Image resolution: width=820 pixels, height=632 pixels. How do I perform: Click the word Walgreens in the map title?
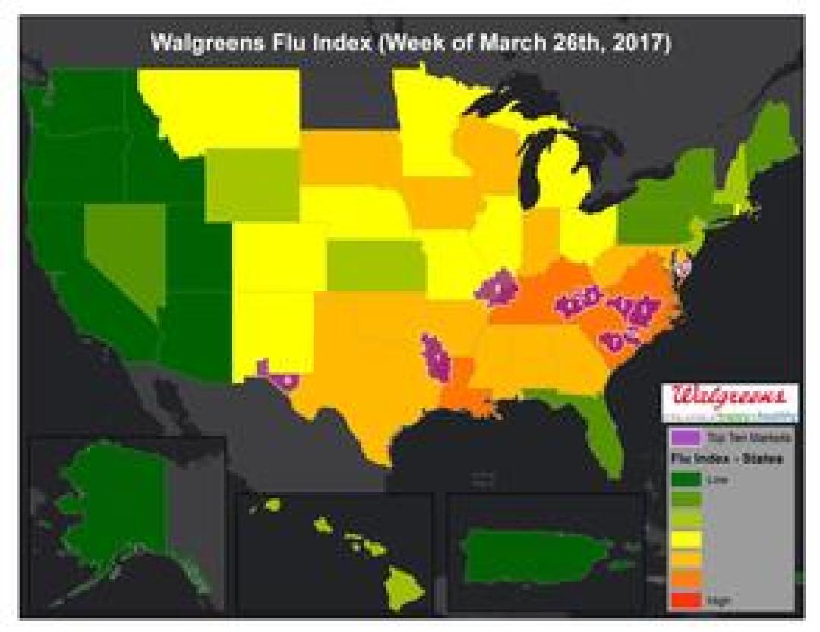203,43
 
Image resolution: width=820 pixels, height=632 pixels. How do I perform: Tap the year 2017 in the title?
643,43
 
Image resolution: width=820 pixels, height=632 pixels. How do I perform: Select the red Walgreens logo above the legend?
729,396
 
